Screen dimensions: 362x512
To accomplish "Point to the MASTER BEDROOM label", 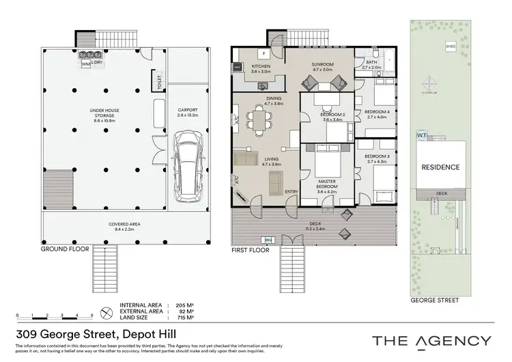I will point(326,184).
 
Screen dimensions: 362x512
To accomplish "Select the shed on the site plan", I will point(451,47).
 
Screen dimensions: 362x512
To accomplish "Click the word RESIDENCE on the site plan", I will point(440,167).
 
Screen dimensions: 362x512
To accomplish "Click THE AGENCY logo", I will point(431,341).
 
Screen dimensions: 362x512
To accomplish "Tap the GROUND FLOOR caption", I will point(62,250).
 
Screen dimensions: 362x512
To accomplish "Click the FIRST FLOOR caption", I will point(251,250).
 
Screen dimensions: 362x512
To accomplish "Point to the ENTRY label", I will point(291,191).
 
